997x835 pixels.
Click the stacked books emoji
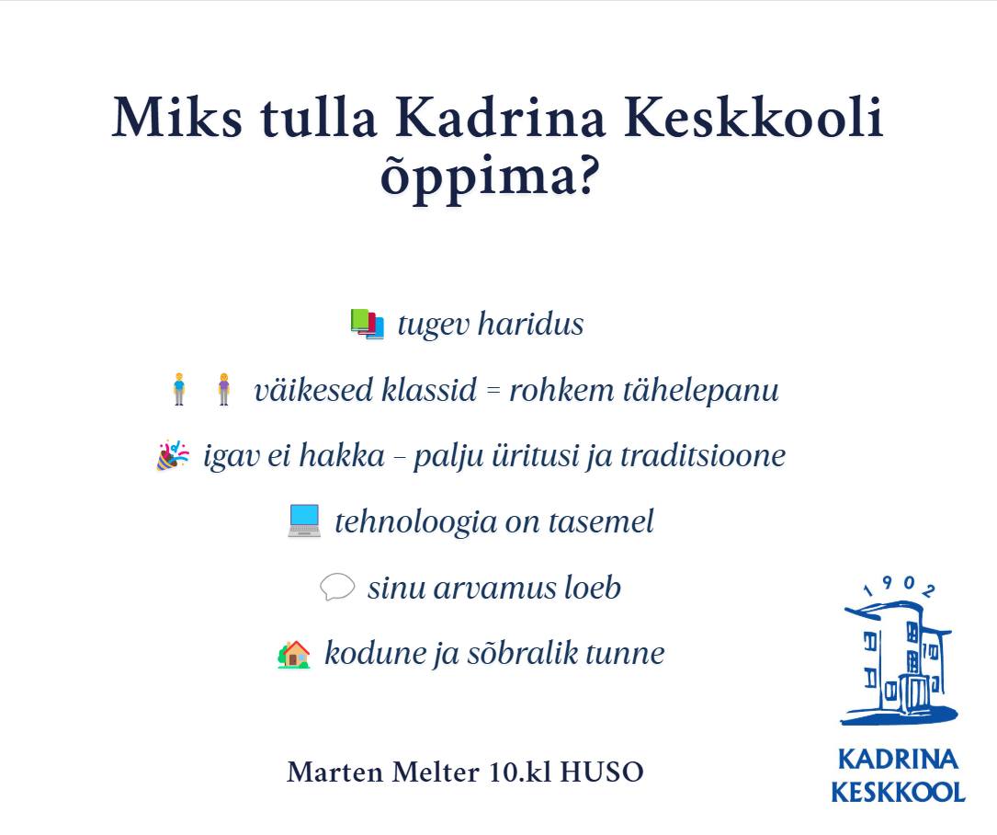click(x=368, y=324)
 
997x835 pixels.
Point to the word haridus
click(x=531, y=324)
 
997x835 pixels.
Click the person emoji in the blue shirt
click(x=179, y=389)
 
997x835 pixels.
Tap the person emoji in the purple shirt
click(x=224, y=389)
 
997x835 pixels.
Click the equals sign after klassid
click(x=493, y=391)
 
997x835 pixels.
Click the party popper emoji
click(x=173, y=456)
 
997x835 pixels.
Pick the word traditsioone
click(x=703, y=456)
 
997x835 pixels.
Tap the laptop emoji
click(x=304, y=521)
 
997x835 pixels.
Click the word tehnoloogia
click(x=416, y=522)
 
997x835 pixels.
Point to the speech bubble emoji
click(x=337, y=587)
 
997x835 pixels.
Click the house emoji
click(x=294, y=654)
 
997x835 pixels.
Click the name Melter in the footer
click(x=436, y=772)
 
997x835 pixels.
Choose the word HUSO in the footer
click(x=602, y=772)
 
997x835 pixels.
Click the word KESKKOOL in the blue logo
click(x=898, y=793)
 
